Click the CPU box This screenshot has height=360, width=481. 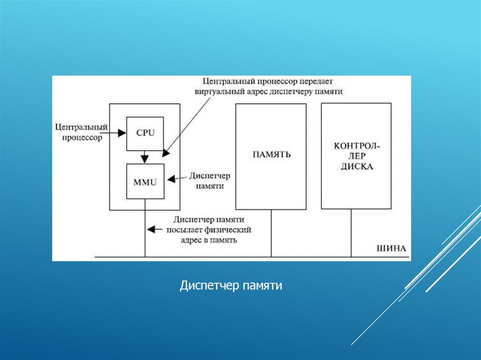click(145, 133)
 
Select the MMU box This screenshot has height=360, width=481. click(145, 181)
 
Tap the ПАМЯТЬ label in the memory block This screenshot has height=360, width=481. click(272, 154)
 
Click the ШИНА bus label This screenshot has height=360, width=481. click(391, 248)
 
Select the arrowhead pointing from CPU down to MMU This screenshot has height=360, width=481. click(146, 157)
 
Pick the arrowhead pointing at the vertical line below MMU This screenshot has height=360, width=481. click(151, 230)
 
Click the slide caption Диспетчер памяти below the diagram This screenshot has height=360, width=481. click(231, 285)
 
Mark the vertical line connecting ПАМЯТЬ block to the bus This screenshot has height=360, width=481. click(271, 233)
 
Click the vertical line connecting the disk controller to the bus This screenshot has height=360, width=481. click(351, 233)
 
